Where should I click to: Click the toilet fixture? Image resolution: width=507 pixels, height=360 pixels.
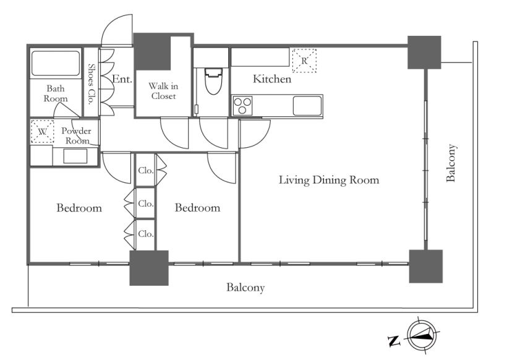coord(213,81)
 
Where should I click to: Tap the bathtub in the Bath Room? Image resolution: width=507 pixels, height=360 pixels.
coord(56,63)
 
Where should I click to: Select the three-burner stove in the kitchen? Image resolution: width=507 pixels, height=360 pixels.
coord(242,105)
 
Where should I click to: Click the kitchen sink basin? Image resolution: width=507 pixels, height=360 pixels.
coord(307,105)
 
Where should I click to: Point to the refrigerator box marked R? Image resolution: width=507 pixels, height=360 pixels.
coord(304,61)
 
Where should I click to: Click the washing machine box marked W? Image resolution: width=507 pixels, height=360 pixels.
coord(43,131)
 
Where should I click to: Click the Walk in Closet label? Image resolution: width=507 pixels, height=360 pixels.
coord(163,91)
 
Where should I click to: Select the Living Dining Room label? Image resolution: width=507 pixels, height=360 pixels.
coord(329,180)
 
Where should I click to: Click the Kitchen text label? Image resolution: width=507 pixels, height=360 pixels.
coord(272,79)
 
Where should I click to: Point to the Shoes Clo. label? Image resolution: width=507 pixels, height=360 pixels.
coord(91,84)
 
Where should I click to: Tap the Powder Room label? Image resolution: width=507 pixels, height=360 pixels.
coord(76,136)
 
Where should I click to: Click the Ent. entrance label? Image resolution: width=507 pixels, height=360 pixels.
coord(122,79)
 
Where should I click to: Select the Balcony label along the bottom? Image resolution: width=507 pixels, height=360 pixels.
coord(245,288)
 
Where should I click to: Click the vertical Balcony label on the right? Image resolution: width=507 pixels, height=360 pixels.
coord(451,163)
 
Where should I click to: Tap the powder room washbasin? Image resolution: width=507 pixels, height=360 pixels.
coord(75,156)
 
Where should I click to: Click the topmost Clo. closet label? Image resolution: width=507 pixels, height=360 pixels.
coord(146,171)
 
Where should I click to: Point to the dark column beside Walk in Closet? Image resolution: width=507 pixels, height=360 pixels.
coord(152,52)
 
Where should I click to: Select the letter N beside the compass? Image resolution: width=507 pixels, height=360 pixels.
coord(394,341)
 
